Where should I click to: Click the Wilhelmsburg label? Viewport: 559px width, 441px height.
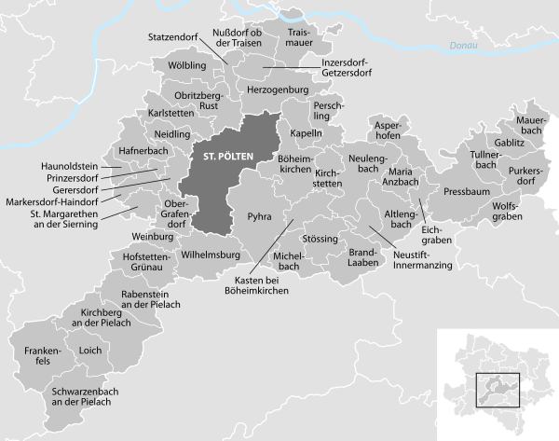(x=211, y=254)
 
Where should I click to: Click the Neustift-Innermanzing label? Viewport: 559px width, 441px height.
(x=422, y=260)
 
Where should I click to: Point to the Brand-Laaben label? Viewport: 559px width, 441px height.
(x=361, y=258)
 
